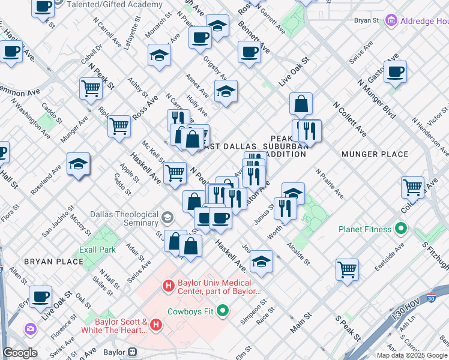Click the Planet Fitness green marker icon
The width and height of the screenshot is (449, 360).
[x=402, y=229]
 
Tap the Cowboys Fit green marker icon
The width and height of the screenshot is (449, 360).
[x=223, y=311]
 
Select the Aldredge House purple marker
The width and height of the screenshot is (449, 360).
[x=392, y=21]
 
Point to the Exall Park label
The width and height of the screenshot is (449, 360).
[x=97, y=249]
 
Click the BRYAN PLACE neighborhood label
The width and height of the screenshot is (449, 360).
[x=53, y=262]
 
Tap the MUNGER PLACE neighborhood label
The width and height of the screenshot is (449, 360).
[x=375, y=154]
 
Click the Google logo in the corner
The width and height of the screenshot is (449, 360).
[x=20, y=353]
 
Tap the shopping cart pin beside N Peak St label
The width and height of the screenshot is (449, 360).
[x=91, y=88]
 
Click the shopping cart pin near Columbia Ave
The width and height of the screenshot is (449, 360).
[x=412, y=187]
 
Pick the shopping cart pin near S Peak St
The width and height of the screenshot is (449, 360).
[x=347, y=269]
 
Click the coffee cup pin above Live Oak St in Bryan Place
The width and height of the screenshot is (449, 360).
[x=41, y=296]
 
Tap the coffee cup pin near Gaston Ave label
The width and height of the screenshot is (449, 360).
[x=395, y=72]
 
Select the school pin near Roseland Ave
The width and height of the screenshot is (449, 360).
[x=78, y=164]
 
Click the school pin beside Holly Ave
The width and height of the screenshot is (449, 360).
[x=226, y=92]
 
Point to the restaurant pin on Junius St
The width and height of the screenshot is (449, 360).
[x=285, y=208]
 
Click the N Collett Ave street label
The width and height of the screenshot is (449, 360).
[x=351, y=119]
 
